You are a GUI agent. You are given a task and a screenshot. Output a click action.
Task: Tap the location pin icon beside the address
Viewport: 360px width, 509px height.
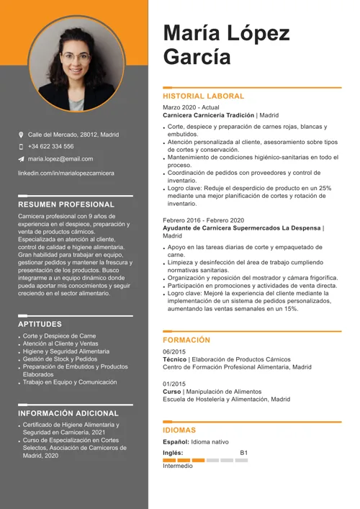pyautogui.click(x=21, y=135)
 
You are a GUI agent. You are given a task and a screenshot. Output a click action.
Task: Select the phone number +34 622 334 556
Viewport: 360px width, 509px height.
pyautogui.click(x=50, y=146)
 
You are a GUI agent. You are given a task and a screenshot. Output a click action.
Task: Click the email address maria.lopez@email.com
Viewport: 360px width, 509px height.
pyautogui.click(x=60, y=158)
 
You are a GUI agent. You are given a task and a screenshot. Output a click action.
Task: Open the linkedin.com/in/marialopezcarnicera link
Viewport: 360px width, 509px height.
pyautogui.click(x=66, y=174)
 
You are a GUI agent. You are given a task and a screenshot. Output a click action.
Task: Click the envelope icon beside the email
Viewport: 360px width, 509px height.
pyautogui.click(x=21, y=158)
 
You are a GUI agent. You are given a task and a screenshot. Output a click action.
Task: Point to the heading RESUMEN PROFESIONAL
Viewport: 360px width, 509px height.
pyautogui.click(x=66, y=204)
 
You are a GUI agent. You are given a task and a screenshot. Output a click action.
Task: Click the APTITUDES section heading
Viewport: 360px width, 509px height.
pyautogui.click(x=40, y=324)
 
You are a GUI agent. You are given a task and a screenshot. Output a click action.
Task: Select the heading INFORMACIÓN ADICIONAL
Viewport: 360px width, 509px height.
pyautogui.click(x=68, y=414)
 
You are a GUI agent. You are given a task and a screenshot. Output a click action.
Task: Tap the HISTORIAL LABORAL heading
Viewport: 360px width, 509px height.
pyautogui.click(x=204, y=96)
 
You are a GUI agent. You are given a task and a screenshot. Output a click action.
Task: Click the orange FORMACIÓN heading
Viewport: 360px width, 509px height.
pyautogui.click(x=186, y=340)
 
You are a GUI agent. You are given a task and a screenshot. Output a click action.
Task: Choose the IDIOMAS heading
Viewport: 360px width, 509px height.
pyautogui.click(x=179, y=430)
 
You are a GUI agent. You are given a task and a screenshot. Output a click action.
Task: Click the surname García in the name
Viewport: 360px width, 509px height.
pyautogui.click(x=197, y=57)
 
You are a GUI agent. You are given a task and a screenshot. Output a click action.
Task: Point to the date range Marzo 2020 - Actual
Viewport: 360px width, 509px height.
pyautogui.click(x=191, y=107)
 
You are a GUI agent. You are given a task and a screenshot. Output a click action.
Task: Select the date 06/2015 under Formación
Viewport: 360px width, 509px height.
pyautogui.click(x=174, y=351)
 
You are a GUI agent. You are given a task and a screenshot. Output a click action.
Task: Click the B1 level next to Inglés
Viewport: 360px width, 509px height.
pyautogui.click(x=243, y=453)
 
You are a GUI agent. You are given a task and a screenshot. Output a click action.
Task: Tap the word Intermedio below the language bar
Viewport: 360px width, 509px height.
pyautogui.click(x=178, y=466)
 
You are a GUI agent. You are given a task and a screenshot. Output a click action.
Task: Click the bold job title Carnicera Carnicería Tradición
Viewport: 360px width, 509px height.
pyautogui.click(x=209, y=115)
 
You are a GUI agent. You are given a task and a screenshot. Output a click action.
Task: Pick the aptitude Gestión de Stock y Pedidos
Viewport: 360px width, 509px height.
pyautogui.click(x=60, y=359)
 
